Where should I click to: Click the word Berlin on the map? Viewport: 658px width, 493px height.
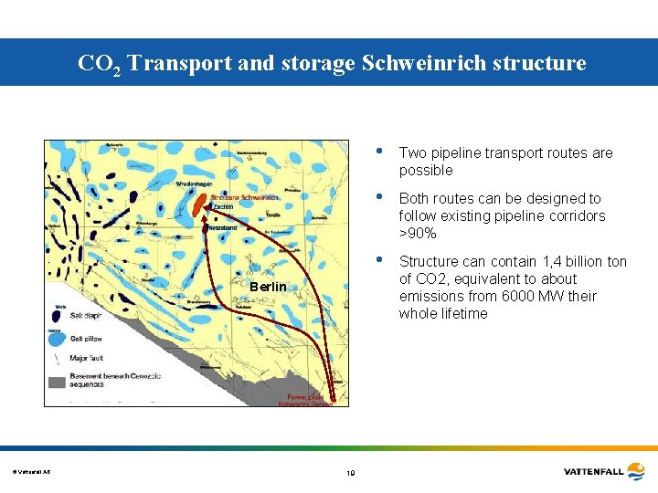268,288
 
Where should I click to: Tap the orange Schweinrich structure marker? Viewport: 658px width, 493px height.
198,205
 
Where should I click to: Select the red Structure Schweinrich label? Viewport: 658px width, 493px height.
245,197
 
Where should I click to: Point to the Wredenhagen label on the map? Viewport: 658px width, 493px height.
195,184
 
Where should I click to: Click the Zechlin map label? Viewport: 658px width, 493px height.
223,207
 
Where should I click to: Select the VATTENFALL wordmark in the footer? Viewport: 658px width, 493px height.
592,471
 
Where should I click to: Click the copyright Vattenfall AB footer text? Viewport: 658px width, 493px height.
32,471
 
